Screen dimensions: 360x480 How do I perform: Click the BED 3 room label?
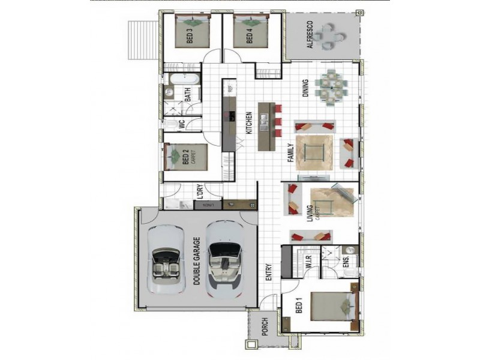click(189, 37)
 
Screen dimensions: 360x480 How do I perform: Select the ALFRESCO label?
click(310, 37)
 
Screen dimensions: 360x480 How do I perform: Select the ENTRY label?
click(268, 273)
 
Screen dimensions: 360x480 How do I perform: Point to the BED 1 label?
click(299, 309)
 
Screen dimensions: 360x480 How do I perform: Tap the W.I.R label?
click(310, 262)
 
